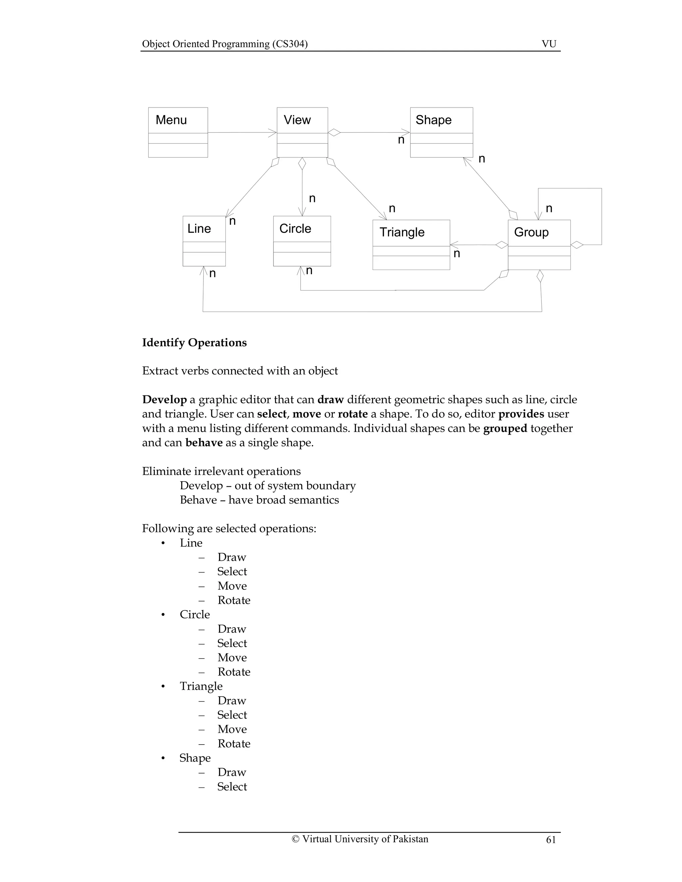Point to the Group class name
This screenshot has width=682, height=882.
coord(531,232)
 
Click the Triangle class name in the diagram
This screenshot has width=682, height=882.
coord(402,232)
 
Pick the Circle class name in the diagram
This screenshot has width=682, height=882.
coord(295,229)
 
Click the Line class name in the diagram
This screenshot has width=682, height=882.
coord(199,229)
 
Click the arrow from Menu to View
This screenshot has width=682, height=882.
coord(242,132)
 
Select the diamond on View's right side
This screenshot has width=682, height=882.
coord(334,132)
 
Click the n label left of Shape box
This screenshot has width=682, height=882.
coord(401,140)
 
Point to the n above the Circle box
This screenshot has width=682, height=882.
coord(312,198)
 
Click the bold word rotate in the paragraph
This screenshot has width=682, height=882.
coord(352,414)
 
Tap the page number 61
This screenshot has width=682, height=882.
coord(551,840)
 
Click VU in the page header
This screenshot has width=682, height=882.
coord(549,44)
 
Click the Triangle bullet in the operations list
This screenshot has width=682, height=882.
coord(201,686)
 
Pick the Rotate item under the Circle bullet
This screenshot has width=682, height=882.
coord(233,672)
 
